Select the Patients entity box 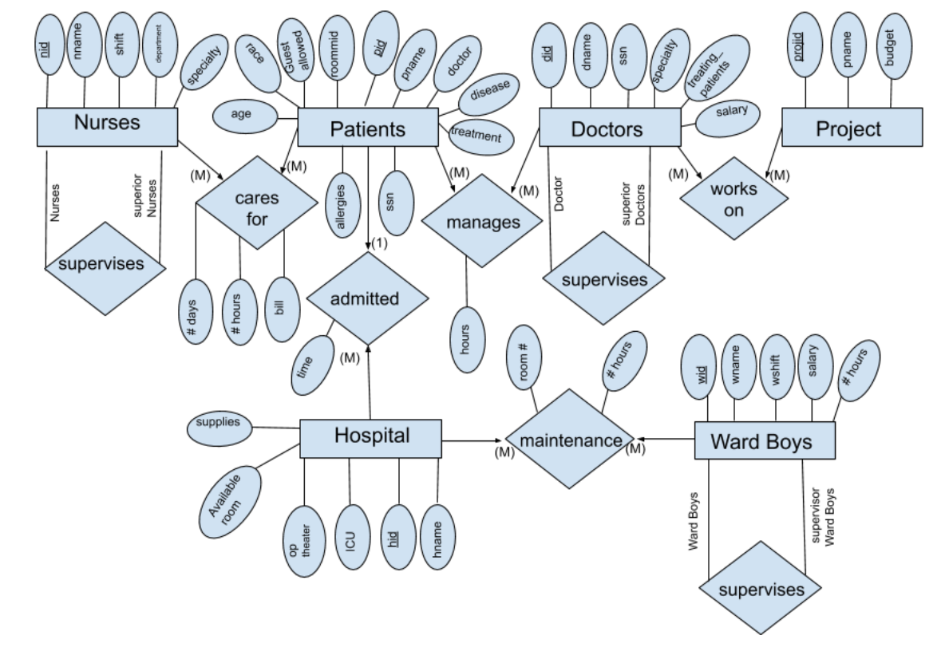click(367, 128)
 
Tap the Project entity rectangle click(851, 128)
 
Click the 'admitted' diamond click(364, 298)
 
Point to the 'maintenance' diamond click(570, 440)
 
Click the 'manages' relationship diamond click(481, 222)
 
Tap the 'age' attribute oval click(241, 114)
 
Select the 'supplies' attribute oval click(219, 423)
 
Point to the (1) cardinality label click(379, 243)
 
